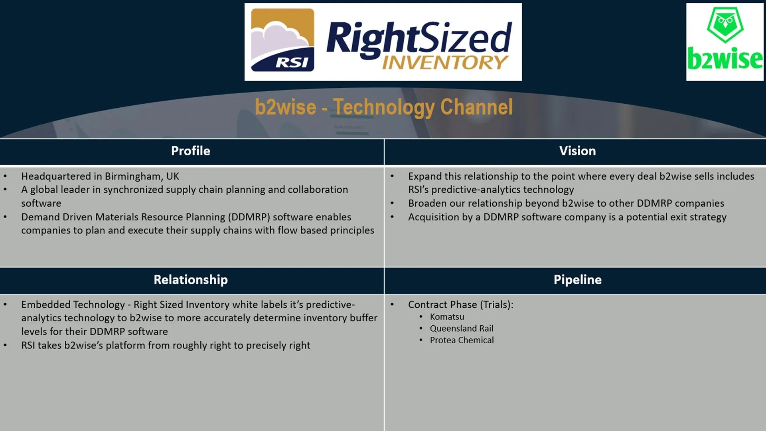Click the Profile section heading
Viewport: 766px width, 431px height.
[190, 151]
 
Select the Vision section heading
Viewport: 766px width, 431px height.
[577, 151]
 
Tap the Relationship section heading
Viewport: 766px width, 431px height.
[191, 280]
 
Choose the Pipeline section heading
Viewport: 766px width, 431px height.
[577, 280]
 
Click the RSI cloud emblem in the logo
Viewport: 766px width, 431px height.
[282, 40]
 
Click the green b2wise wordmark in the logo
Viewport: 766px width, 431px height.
[725, 59]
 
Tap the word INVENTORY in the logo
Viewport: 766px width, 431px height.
[445, 63]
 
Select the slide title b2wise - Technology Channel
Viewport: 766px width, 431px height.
[383, 107]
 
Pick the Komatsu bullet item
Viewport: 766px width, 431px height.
[447, 317]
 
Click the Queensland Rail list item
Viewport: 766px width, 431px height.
[461, 328]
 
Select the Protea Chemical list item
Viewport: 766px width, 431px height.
[462, 340]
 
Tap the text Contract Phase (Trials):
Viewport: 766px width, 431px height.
[460, 305]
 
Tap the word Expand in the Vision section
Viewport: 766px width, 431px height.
[424, 176]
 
